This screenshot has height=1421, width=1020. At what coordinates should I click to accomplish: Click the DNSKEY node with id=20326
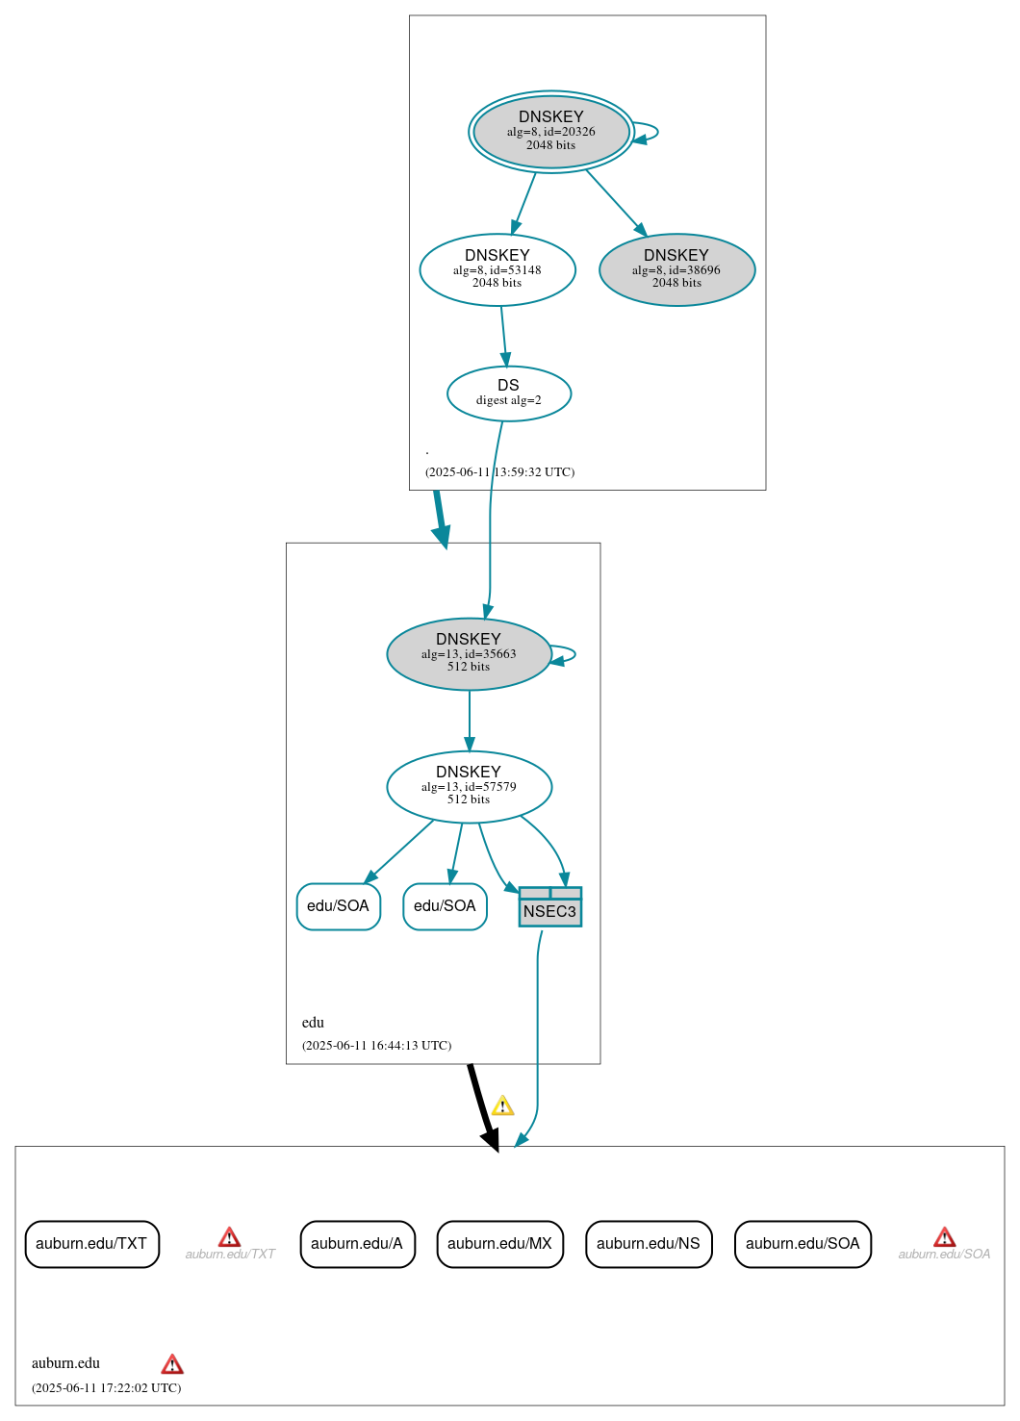coord(550,132)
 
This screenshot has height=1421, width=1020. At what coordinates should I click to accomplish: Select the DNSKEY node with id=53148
coord(497,269)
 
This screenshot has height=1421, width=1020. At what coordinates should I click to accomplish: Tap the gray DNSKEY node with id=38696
coord(676,269)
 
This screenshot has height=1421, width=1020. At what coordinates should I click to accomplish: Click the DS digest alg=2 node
coord(508,393)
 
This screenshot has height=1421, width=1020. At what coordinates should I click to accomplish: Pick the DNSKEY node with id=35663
coord(469,653)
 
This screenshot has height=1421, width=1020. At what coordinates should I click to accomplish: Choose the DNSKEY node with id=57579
coord(469,786)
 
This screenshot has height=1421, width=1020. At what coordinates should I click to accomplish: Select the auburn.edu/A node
coord(357,1244)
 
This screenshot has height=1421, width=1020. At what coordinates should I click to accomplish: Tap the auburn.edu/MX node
coord(499,1244)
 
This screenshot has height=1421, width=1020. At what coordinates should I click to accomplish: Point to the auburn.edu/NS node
coord(649,1244)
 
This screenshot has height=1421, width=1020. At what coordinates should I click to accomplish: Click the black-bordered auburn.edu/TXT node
coord(91,1244)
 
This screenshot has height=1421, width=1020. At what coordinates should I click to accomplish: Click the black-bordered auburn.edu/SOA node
coord(803,1244)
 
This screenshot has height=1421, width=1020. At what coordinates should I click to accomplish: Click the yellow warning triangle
coord(502,1105)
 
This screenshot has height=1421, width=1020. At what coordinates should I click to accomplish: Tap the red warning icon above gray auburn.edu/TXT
coord(229,1236)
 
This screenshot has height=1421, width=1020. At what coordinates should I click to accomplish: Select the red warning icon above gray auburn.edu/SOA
coord(945,1236)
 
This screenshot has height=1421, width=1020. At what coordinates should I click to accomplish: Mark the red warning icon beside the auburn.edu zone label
coord(172,1364)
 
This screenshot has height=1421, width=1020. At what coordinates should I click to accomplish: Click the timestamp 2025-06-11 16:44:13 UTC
coord(376,1046)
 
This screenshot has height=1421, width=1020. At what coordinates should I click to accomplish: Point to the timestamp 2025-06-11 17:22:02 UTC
coord(106,1387)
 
